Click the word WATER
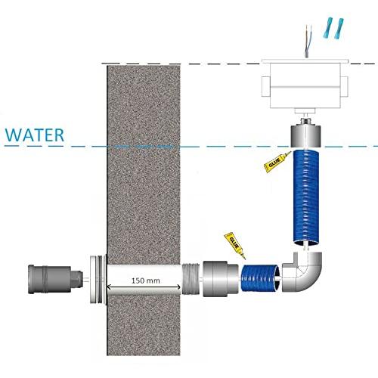pos(35,135)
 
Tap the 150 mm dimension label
pos(146,280)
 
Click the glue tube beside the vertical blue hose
pos(277,162)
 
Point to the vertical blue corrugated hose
pos(306,197)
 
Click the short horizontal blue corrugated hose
pos(260,278)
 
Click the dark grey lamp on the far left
pos(55,279)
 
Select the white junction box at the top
pos(305,85)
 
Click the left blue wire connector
pos(327,28)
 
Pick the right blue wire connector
pos(339,29)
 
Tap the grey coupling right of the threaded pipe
pos(221,279)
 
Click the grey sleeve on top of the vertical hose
pos(306,136)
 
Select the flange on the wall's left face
pos(98,279)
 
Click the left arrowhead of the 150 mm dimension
pos(108,287)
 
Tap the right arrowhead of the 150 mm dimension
pos(178,287)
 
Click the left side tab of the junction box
pos(265,86)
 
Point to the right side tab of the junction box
pos(344,86)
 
